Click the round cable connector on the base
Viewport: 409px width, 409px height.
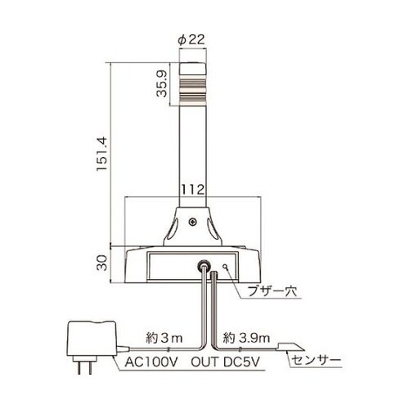coord(202,266)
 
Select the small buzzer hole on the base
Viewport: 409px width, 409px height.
coord(225,266)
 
